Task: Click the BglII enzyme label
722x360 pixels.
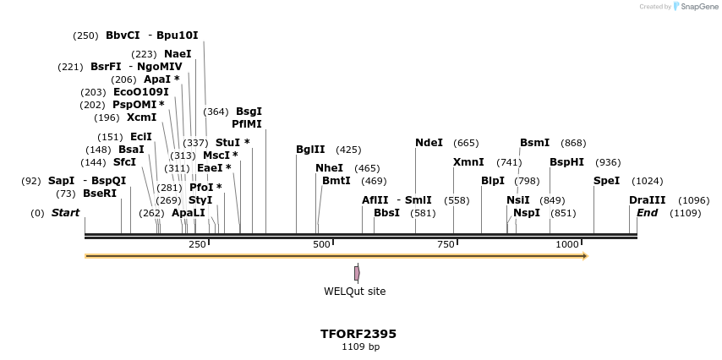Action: click(310, 150)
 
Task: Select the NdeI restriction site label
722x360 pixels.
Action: click(429, 143)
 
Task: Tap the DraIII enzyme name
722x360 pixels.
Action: click(647, 200)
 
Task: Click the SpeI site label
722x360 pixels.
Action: click(606, 181)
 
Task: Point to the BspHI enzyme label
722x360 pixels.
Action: click(566, 162)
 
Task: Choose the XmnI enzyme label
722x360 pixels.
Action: click(468, 162)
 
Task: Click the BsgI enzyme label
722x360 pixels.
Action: click(249, 112)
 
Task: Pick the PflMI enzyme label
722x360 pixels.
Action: click(247, 124)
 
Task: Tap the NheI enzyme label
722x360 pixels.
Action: click(329, 168)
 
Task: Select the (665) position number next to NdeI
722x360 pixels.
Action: click(466, 143)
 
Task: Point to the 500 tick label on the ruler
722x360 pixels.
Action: click(321, 244)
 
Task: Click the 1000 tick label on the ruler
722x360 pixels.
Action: click(567, 244)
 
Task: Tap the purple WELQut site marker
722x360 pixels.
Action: click(357, 273)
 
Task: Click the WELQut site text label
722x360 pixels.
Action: click(354, 292)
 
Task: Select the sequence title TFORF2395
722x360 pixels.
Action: click(358, 334)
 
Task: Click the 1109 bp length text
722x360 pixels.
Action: click(360, 346)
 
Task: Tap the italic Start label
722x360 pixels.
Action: click(65, 213)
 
